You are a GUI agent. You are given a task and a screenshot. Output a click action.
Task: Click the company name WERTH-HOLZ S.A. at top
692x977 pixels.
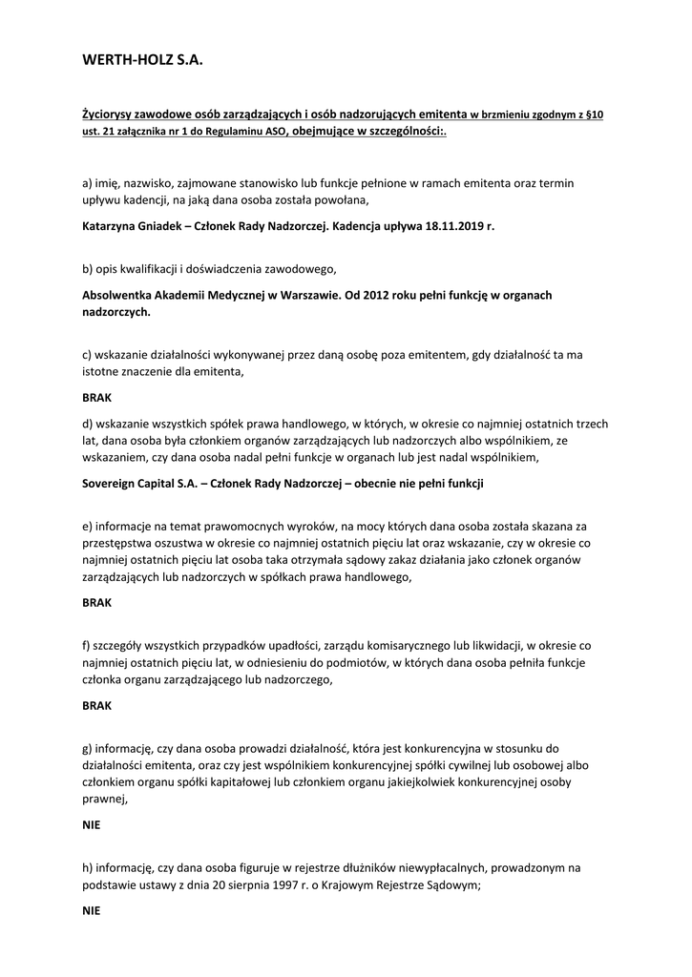pyautogui.click(x=143, y=60)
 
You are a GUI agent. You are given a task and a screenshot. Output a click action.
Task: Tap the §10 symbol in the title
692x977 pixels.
pyautogui.click(x=594, y=114)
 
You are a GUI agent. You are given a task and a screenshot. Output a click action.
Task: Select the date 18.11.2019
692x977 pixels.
pyautogui.click(x=454, y=227)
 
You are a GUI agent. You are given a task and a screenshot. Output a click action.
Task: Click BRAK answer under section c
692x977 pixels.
pyautogui.click(x=97, y=399)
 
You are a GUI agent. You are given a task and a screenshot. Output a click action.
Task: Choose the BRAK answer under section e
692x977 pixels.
pyautogui.click(x=97, y=603)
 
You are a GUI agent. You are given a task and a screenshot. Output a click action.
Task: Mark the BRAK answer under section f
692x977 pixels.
pyautogui.click(x=97, y=706)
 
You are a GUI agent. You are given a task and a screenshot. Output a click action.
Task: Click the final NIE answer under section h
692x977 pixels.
pyautogui.click(x=92, y=911)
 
